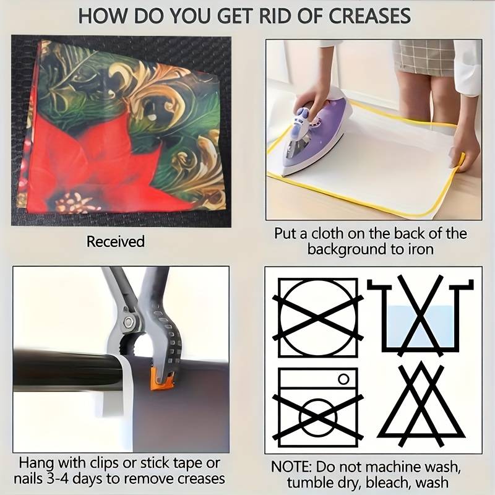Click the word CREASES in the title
(x=369, y=16)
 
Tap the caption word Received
(x=116, y=241)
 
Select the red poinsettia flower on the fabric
(x=104, y=164)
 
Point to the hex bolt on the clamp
(x=128, y=322)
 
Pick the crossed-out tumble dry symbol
(x=318, y=317)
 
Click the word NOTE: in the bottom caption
(x=290, y=467)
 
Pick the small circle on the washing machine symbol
(x=344, y=379)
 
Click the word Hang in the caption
(x=35, y=463)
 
